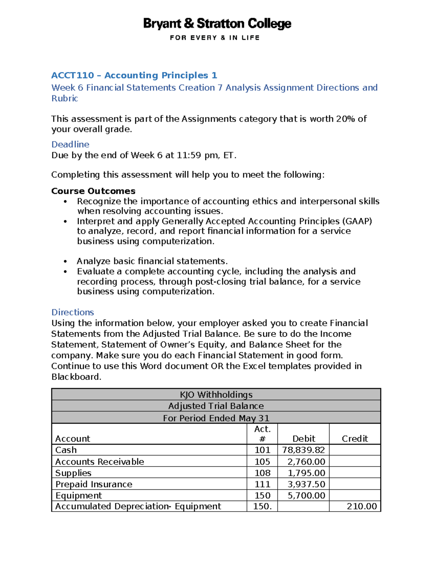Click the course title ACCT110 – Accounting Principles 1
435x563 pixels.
pyautogui.click(x=134, y=75)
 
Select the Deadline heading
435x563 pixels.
pyautogui.click(x=70, y=144)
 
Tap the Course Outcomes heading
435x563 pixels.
pyautogui.click(x=93, y=191)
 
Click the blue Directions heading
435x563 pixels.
pyautogui.click(x=72, y=312)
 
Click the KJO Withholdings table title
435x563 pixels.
pyautogui.click(x=216, y=394)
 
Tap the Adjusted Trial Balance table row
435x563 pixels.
pyautogui.click(x=216, y=406)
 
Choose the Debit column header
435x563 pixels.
pyautogui.click(x=303, y=439)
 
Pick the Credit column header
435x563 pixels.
pyautogui.click(x=355, y=439)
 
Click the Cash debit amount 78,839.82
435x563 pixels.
pyautogui.click(x=303, y=450)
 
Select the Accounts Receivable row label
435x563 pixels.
pyautogui.click(x=100, y=461)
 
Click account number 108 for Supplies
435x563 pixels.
pyautogui.click(x=262, y=473)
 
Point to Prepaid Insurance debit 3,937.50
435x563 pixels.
pyautogui.click(x=306, y=484)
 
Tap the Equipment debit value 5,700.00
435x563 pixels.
pyautogui.click(x=306, y=496)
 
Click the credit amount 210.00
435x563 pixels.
pyautogui.click(x=361, y=506)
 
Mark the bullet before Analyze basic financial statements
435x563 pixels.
pyautogui.click(x=65, y=261)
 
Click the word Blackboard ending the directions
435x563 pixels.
pyautogui.click(x=75, y=377)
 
